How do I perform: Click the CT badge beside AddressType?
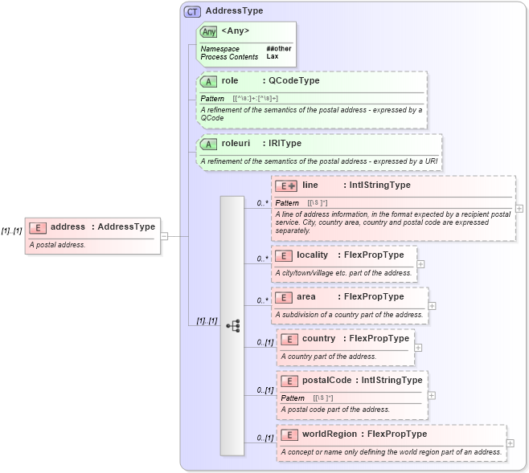pos(193,11)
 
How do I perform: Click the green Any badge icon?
pos(209,31)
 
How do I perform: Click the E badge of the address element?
pos(38,227)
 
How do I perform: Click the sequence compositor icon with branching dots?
pos(232,325)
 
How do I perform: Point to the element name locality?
pos(312,255)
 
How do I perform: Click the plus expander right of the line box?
pos(519,208)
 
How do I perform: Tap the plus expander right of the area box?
pos(433,305)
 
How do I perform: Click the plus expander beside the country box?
pos(419,347)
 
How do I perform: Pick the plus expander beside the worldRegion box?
pos(511,442)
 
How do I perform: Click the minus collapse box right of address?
pos(164,236)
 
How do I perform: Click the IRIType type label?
pos(285,144)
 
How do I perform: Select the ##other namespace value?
pos(278,49)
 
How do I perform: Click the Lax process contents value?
pos(273,57)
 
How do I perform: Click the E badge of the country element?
pos(289,339)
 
